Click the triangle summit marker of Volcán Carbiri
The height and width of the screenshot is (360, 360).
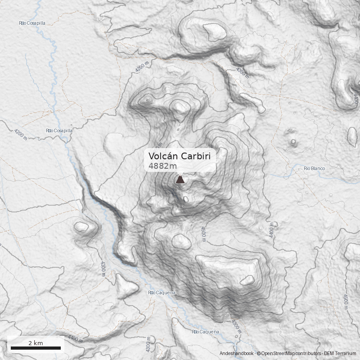[180, 180]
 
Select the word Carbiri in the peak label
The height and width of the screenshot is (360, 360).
[196, 156]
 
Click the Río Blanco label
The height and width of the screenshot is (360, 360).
[314, 168]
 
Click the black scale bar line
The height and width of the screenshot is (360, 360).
[36, 348]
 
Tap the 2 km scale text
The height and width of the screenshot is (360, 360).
[36, 343]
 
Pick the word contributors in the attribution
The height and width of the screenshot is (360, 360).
[308, 354]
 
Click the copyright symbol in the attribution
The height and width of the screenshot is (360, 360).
[258, 354]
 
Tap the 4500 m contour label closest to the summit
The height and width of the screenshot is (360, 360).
[203, 234]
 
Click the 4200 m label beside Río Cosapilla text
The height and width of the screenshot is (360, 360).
[21, 134]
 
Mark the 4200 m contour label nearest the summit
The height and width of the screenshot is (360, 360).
[141, 67]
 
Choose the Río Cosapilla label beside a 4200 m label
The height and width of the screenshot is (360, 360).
[59, 130]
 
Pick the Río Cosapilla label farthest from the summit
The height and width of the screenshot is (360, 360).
[32, 23]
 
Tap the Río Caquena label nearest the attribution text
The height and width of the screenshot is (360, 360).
[206, 332]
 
